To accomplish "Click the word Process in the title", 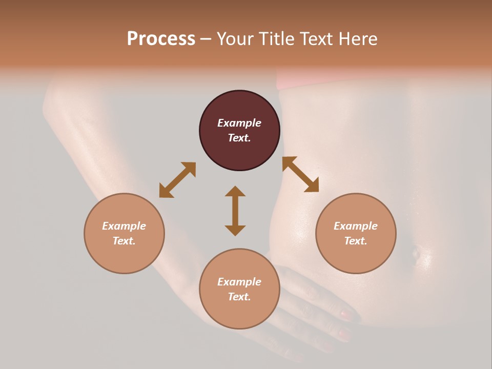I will point(161,39).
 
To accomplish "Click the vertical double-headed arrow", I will point(235,211).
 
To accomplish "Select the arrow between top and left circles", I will point(177,180).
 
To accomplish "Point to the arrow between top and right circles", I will point(301,174).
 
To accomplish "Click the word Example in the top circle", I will point(239,123).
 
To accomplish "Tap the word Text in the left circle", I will point(124,241).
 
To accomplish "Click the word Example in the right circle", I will point(356,226).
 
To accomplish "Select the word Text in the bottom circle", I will point(239,297).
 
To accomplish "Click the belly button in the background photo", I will point(416,252).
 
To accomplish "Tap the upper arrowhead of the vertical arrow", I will point(235,191).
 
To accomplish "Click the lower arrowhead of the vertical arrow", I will point(235,230).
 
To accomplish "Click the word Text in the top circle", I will point(239,138).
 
